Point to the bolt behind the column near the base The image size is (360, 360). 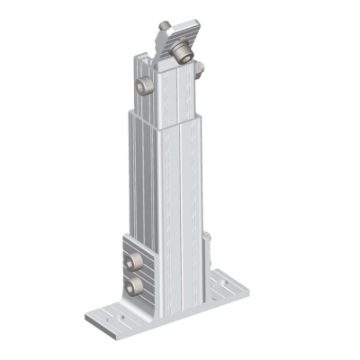(207, 238)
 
